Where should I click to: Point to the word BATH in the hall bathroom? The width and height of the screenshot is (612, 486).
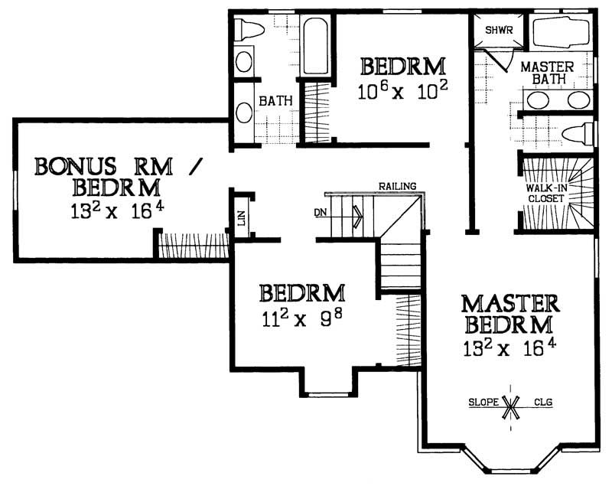click(x=272, y=100)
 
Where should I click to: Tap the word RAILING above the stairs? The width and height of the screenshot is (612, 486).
click(x=396, y=186)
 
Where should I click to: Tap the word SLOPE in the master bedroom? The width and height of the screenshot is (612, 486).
click(x=483, y=401)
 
